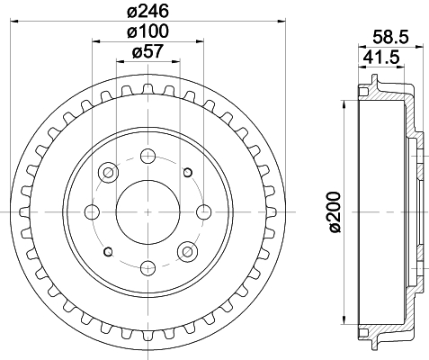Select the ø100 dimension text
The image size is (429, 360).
[x=149, y=34]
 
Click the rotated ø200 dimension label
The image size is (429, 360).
[x=334, y=212]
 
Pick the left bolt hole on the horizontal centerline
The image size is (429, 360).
[x=92, y=211]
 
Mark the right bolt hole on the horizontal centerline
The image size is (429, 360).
[x=205, y=211]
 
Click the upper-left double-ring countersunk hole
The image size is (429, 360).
[x=109, y=171]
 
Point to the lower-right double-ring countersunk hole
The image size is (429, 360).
[x=188, y=251]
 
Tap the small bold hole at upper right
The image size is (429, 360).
[x=188, y=172]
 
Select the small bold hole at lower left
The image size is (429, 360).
[x=109, y=251]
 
